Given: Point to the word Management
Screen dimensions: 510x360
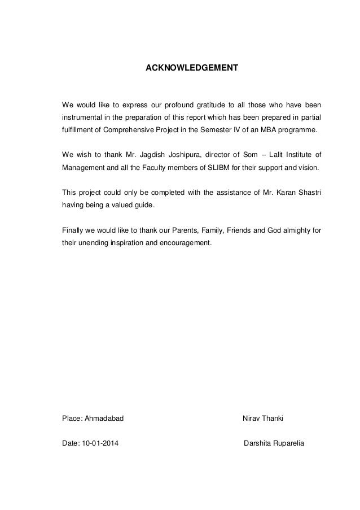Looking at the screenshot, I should coord(82,168).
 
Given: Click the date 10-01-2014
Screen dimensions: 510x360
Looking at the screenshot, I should coord(104,443).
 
